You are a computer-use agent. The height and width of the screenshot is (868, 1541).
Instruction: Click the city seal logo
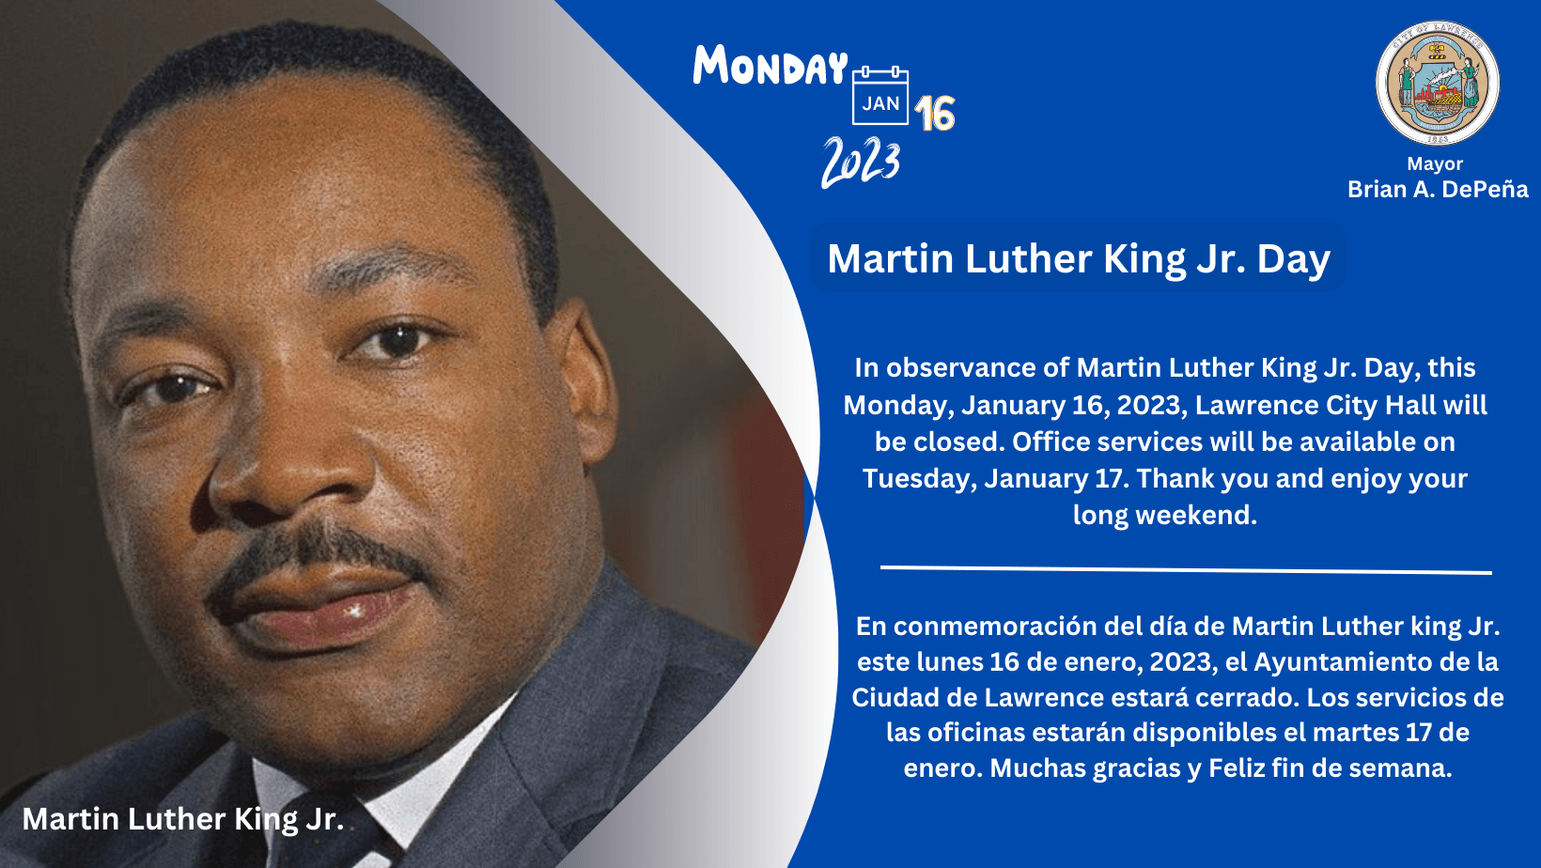coord(1437,84)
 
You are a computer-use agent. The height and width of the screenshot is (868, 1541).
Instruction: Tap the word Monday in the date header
coord(770,67)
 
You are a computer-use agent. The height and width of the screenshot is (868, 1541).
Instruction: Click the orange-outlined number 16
coord(935,114)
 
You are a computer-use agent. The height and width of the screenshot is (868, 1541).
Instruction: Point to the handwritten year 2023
coord(861,162)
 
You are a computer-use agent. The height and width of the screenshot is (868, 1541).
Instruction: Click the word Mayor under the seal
coord(1435,163)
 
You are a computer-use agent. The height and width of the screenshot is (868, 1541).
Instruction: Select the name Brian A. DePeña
coord(1438,190)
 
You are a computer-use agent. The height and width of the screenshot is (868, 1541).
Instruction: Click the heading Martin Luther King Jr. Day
coord(1079,258)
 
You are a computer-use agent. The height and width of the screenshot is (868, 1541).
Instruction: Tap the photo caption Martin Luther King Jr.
coord(183,819)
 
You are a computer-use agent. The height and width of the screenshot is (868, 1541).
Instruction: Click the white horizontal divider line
coord(1186,569)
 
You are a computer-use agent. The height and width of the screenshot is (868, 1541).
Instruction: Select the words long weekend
coord(1164,515)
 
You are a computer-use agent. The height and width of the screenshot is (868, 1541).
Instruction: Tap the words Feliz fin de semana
coord(1330,768)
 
